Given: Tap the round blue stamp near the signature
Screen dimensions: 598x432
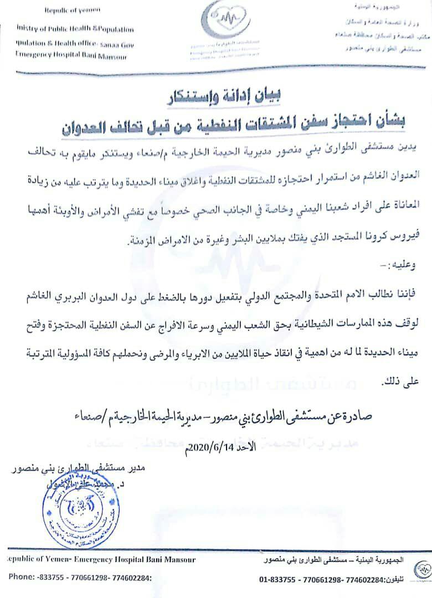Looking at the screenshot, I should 81,511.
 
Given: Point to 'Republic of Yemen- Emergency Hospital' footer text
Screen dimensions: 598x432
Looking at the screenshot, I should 100,560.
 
